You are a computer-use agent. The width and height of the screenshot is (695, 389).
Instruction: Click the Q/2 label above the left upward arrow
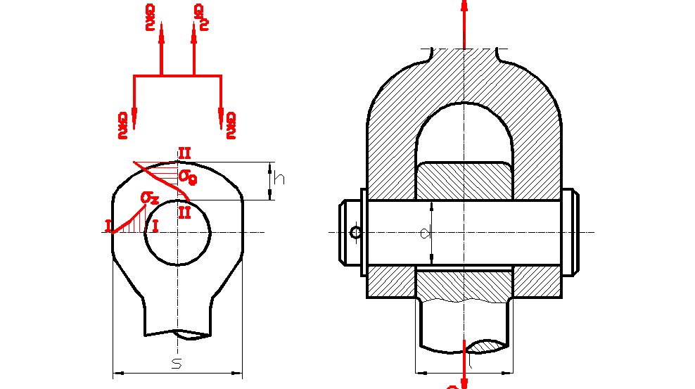coord(149,17)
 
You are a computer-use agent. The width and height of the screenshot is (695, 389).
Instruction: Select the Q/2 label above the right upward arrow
coord(200,17)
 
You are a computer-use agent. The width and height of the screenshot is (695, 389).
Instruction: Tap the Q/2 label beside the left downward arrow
coord(123,125)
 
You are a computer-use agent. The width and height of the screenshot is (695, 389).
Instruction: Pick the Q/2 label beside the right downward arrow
coord(231,125)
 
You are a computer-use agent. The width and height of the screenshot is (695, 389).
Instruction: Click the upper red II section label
coord(184,153)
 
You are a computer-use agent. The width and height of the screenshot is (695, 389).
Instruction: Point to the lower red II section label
coord(184,212)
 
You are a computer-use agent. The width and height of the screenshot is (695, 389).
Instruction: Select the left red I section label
coord(108,226)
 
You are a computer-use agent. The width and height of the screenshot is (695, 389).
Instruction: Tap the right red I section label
coord(155,226)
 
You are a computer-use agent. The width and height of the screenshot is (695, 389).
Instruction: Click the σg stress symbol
coord(187,176)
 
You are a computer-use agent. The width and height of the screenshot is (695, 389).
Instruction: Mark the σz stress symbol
coord(149,198)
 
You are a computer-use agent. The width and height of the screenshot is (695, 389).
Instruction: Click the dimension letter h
coord(279,179)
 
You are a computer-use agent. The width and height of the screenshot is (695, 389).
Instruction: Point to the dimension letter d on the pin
coord(424,234)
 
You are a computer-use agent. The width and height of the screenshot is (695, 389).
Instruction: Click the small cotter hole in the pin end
coord(356,233)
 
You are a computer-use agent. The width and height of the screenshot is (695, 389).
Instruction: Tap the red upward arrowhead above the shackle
coord(464,6)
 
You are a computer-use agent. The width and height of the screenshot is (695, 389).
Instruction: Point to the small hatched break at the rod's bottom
coord(486,346)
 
